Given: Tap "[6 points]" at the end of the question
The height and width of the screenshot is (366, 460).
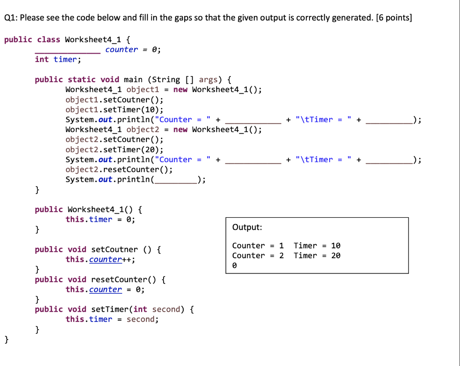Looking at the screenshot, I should [394, 18].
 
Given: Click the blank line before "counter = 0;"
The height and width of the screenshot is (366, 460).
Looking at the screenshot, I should [68, 53].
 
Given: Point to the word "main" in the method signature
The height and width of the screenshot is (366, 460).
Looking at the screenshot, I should [133, 79].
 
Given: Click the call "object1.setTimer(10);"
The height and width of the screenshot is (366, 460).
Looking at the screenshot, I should [114, 110].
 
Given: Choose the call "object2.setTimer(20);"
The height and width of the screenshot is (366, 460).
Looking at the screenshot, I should [114, 150].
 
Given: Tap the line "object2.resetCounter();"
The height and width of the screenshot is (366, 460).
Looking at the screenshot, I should [119, 169].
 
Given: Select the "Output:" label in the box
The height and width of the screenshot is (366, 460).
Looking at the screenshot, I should [247, 227].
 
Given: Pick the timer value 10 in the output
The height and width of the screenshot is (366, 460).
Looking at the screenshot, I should [336, 246].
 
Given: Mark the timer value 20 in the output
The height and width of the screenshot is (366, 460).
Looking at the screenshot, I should [336, 256].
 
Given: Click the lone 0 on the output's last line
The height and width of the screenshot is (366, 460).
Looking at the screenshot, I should [234, 265].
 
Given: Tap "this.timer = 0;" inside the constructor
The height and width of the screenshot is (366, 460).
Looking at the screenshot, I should [100, 219].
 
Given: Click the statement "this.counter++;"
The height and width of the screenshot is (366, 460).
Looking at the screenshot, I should [101, 260].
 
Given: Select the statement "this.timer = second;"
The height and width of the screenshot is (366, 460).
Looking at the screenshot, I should [112, 319].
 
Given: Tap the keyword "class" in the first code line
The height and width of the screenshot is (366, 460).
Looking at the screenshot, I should [49, 40].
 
